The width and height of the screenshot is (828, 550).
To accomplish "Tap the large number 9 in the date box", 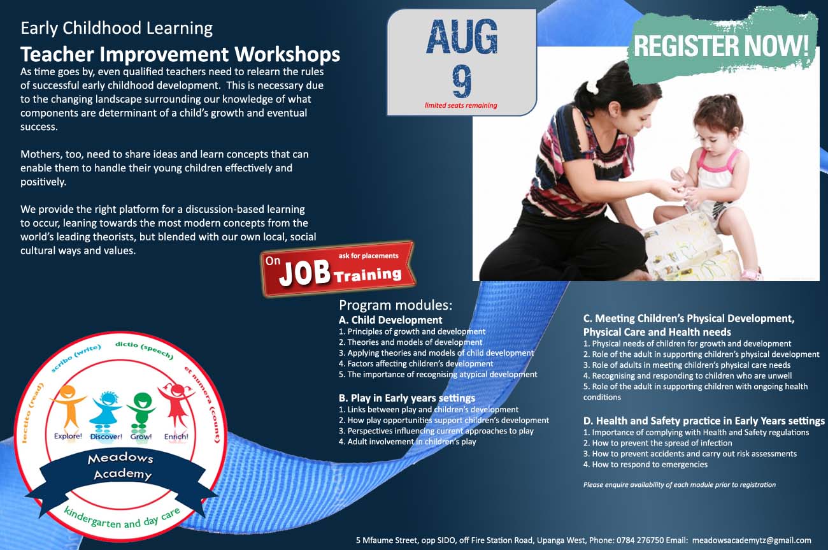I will pos(462,81).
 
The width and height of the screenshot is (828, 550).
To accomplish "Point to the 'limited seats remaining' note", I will pos(460,105).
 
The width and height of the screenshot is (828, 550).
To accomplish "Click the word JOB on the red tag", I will pos(304,273).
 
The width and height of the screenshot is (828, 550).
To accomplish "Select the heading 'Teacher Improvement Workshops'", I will pos(180,54).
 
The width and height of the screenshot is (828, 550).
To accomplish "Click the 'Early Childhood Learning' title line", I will pos(117,28).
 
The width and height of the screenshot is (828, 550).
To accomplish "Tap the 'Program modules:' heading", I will pos(396,305).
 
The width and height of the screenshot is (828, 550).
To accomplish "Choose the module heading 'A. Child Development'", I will pos(390,320).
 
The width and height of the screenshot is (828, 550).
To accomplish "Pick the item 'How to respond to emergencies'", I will pos(645,465).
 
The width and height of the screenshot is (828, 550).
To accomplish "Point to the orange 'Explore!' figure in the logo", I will pos(68,408).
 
